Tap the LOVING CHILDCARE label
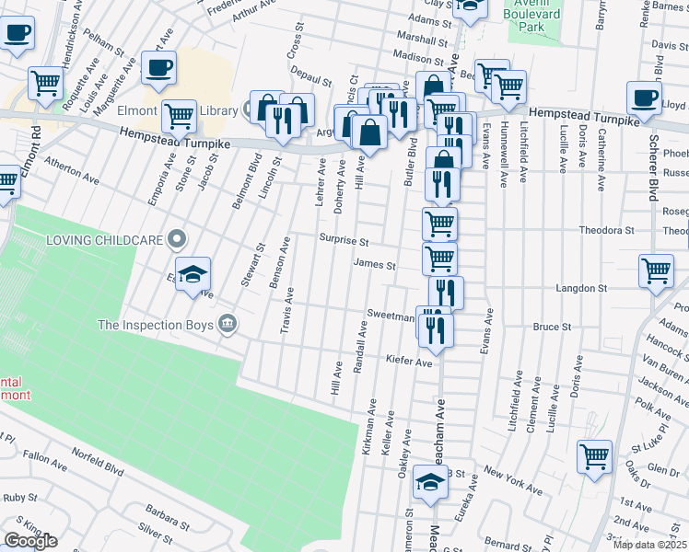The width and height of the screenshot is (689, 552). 106,241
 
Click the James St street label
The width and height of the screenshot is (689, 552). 374,266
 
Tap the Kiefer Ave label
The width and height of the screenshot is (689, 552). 409,362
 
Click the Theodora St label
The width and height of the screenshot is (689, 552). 606,230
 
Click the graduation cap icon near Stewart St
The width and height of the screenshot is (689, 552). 193,274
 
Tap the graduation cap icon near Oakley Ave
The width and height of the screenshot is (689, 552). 429,483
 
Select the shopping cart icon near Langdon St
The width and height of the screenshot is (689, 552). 656,271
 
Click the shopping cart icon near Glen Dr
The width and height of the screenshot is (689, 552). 594,454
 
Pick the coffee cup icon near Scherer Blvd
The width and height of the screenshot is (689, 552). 644,97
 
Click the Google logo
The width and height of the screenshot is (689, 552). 30,541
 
